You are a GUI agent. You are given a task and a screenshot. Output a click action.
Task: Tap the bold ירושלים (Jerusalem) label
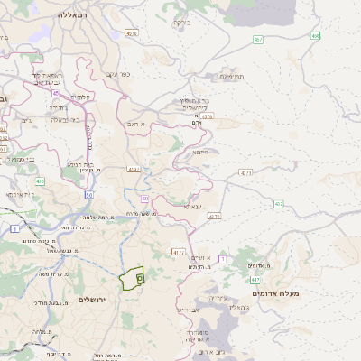click(92, 300)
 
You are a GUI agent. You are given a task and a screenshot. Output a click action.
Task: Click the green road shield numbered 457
click(259, 40)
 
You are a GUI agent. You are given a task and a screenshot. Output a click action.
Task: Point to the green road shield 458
click(315, 36)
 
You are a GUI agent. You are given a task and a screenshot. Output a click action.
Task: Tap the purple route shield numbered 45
click(55, 92)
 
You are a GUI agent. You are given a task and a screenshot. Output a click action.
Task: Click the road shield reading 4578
click(208, 116)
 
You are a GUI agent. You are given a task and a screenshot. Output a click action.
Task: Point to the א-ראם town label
click(135, 124)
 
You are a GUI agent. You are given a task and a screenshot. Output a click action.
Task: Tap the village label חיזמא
click(200, 152)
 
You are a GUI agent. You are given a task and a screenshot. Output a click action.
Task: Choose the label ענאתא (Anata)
click(192, 206)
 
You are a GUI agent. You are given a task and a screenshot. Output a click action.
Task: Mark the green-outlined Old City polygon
click(132, 278)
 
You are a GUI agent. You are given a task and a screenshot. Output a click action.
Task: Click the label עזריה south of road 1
click(218, 297)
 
